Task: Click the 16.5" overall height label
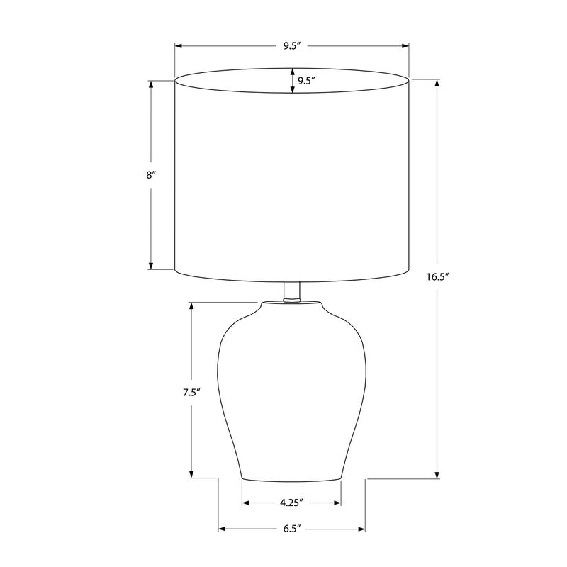point(437,277)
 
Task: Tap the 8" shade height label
point(151,175)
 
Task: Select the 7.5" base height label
point(191,393)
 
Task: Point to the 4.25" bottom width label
point(291,503)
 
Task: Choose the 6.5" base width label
point(292,529)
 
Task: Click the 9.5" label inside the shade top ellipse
point(307,81)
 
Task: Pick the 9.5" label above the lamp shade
point(292,46)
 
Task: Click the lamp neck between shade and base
point(291,292)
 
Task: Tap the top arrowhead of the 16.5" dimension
point(437,83)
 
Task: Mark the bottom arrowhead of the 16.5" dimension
point(437,475)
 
